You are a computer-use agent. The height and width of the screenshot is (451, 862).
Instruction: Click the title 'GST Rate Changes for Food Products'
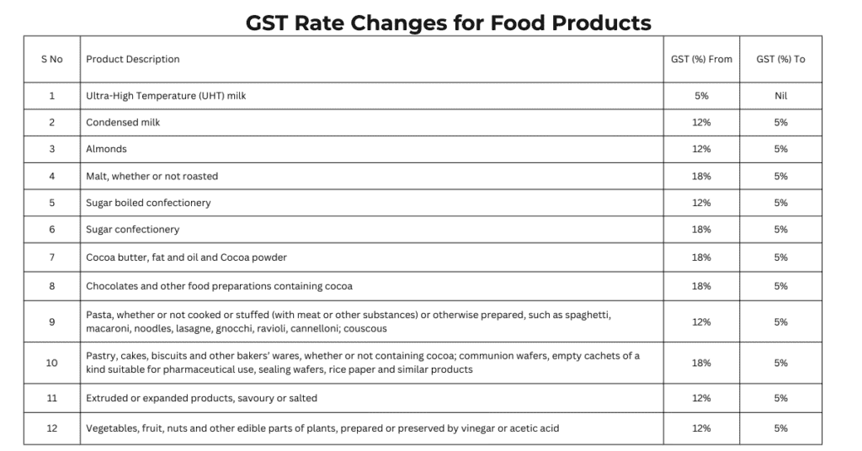pos(448,22)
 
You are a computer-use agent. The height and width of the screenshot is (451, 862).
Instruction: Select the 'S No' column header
pos(51,60)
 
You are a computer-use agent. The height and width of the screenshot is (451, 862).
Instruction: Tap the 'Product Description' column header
pos(132,60)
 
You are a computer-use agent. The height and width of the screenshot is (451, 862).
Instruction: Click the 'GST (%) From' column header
pos(701,60)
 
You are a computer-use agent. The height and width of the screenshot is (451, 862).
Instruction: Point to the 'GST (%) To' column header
pos(780,60)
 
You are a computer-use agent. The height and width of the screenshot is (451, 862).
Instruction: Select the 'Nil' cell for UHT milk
pos(780,96)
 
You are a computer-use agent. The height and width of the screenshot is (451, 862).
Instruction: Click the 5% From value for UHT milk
pos(701,96)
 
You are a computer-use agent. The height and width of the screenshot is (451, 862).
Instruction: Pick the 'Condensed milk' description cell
pos(123,123)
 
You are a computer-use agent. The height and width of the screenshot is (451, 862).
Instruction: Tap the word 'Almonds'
pos(106,149)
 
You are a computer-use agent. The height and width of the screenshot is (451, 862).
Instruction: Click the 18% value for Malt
pos(701,177)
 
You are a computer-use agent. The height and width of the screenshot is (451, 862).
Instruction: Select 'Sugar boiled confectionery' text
pos(148,203)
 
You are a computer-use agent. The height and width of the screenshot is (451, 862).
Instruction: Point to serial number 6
pos(51,230)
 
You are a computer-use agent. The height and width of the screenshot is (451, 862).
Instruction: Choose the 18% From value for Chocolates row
pos(701,286)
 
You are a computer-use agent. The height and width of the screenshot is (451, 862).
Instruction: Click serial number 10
pos(51,363)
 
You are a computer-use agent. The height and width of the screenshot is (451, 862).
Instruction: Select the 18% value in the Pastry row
pos(701,363)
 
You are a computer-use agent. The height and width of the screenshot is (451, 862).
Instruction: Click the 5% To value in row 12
pos(780,428)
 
